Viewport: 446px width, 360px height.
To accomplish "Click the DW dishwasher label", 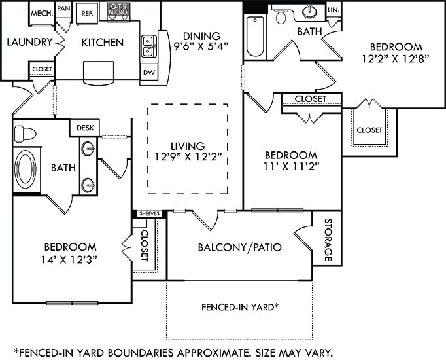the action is pyautogui.click(x=149, y=72).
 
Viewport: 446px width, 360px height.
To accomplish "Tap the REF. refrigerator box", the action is pyautogui.click(x=87, y=13).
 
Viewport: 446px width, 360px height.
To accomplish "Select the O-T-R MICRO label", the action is pyautogui.click(x=118, y=9).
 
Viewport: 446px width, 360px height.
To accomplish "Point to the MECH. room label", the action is pyautogui.click(x=42, y=13).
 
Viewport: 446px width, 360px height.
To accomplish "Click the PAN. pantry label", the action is pyautogui.click(x=63, y=9).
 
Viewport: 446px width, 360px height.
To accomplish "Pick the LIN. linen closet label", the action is pyautogui.click(x=334, y=10).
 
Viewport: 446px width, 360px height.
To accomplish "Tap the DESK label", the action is pyautogui.click(x=85, y=128).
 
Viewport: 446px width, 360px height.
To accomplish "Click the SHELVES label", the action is pyautogui.click(x=149, y=214).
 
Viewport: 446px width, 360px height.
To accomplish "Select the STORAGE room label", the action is pyautogui.click(x=328, y=240).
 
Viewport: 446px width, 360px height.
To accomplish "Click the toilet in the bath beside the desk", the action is pyautogui.click(x=25, y=134).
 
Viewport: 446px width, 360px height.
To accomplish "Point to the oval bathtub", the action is pyautogui.click(x=26, y=170).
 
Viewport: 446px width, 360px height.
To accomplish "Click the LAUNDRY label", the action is pyautogui.click(x=30, y=42).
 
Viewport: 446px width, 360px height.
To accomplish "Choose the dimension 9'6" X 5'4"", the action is pyautogui.click(x=201, y=46).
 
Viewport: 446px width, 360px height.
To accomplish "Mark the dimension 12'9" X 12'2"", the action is pyautogui.click(x=188, y=156).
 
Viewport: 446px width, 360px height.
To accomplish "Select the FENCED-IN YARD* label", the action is pyautogui.click(x=240, y=307).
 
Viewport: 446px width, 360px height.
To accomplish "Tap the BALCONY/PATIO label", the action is pyautogui.click(x=240, y=247).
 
